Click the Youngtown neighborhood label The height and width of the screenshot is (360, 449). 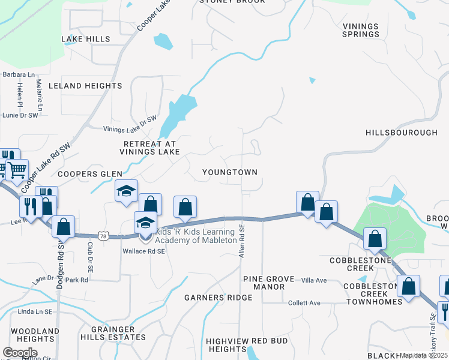tap(230, 172)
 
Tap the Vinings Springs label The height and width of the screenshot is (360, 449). tap(361, 30)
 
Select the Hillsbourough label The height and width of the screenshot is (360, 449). tap(402, 132)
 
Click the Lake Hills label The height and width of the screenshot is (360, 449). tap(86, 39)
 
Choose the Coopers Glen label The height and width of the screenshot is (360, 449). tap(86, 174)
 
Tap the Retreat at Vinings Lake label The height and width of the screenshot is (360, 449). tap(150, 148)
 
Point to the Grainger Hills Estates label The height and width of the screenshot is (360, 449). tap(118, 333)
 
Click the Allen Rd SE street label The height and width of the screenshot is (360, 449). tap(242, 241)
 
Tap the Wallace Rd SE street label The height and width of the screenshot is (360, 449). tap(144, 251)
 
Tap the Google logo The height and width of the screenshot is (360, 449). tap(20, 353)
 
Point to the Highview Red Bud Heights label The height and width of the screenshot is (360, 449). tap(247, 345)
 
